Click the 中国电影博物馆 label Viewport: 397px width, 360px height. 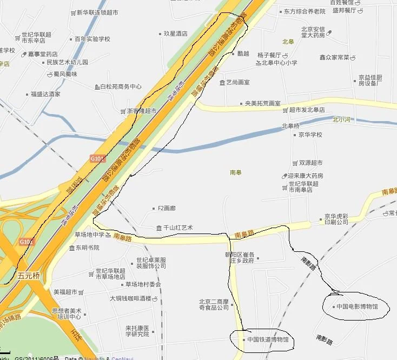[357, 306]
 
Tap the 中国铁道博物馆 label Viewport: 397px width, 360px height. [268, 339]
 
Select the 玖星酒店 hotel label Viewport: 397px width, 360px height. [175, 34]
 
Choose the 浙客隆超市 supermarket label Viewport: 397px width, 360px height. [142, 111]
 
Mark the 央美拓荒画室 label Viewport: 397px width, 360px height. [262, 103]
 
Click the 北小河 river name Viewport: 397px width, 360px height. [342, 119]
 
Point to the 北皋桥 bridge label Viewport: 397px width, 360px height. [290, 126]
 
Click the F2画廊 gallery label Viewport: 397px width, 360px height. [167, 208]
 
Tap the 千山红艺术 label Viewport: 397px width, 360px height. [178, 228]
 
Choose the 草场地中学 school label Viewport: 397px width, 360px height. [90, 235]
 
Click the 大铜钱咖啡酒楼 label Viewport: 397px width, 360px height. [130, 298]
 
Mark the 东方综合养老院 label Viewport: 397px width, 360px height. [304, 11]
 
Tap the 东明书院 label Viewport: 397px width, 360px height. [88, 248]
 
